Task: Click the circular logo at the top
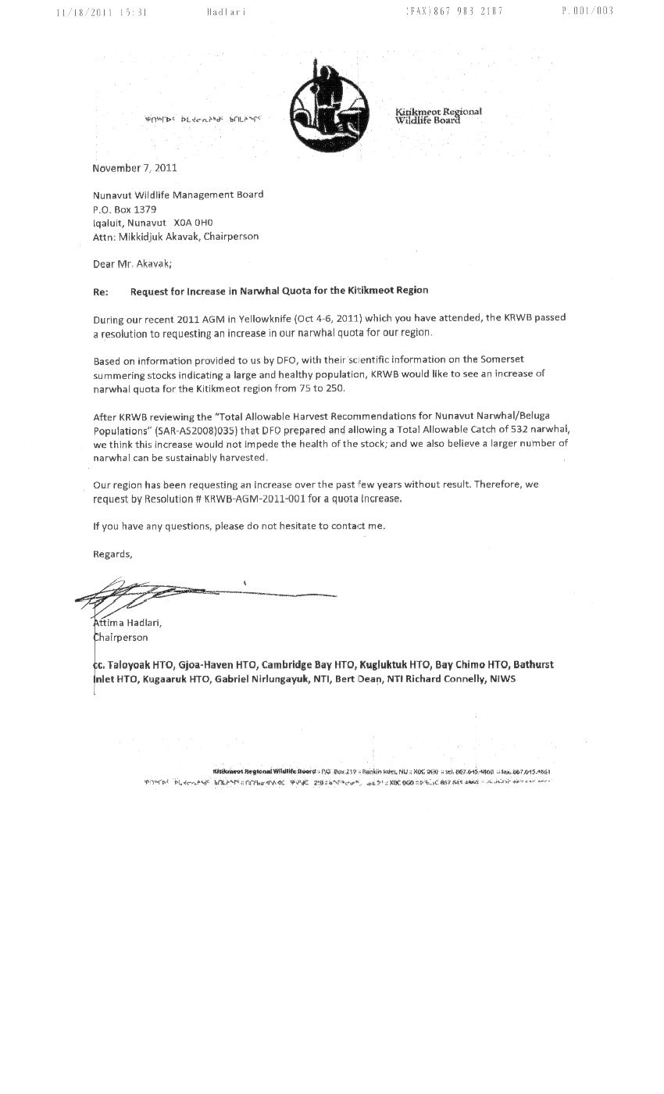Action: coord(329,106)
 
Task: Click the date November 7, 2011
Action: coord(134,168)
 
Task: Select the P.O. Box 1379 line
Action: coord(124,209)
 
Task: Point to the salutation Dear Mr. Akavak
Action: coord(132,264)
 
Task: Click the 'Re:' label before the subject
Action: coord(100,291)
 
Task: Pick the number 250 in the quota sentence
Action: coord(335,388)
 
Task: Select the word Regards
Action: coord(112,554)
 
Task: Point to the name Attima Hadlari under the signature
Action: coord(127,623)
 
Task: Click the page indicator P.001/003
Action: coord(587,11)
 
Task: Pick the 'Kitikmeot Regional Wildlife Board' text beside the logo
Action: coord(437,116)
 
